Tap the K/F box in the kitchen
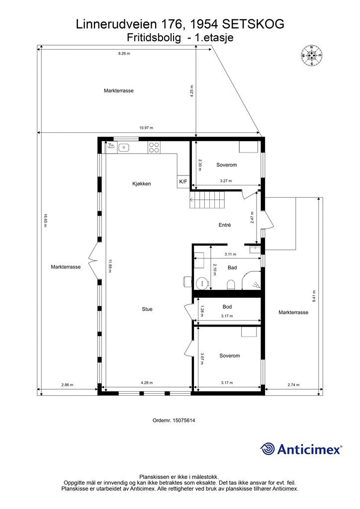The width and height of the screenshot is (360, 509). click(182, 182)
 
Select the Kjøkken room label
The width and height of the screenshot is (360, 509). click(141, 184)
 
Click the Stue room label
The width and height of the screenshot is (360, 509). click(147, 309)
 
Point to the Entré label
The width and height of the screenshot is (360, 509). click(225, 225)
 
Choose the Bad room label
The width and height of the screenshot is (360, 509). click(232, 267)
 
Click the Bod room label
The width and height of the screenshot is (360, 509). click(227, 307)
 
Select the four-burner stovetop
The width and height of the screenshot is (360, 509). click(154, 147)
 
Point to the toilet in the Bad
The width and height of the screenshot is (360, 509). click(231, 284)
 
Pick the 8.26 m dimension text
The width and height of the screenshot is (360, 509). click(124, 53)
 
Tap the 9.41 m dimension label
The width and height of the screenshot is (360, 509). click(314, 297)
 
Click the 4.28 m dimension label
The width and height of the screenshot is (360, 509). click(147, 383)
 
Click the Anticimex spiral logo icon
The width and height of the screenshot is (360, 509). click(268, 449)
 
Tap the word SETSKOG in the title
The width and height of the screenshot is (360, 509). click(253, 24)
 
